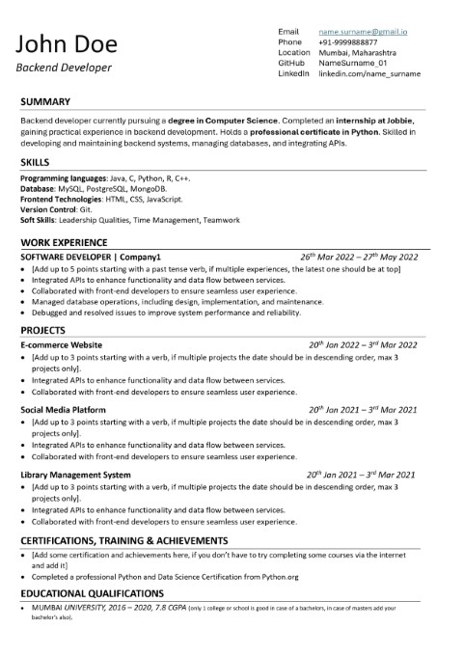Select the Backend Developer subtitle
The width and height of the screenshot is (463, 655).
(63, 68)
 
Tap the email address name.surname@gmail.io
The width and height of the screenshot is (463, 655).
(363, 32)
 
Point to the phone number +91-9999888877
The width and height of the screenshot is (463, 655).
(348, 42)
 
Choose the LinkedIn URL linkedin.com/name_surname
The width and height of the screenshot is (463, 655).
(369, 73)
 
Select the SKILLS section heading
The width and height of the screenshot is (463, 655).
(35, 163)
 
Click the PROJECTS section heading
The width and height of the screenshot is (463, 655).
(42, 329)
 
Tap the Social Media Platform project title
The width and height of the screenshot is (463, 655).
(63, 410)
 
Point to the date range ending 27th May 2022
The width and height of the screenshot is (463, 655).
(358, 258)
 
